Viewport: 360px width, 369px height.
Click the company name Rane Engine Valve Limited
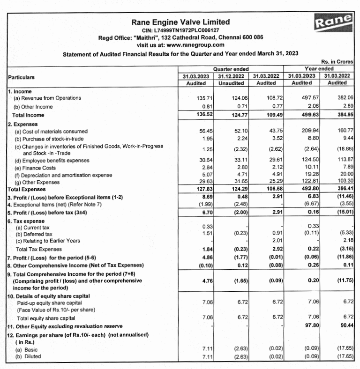[x=180, y=22]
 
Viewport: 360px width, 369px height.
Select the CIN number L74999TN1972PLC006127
[x=180, y=30]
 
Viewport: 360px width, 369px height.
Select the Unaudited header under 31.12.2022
[x=231, y=83]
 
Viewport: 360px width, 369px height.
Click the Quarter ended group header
[x=231, y=69]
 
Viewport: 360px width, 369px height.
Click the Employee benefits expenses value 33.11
[x=240, y=160]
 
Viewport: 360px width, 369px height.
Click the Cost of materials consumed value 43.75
[x=272, y=132]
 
